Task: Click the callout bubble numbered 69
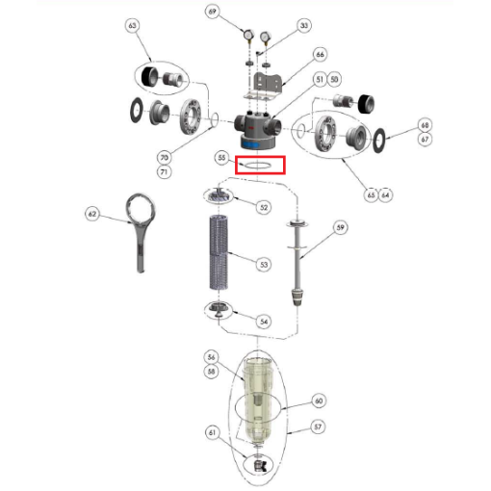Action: (212, 12)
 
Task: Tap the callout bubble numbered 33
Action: (304, 25)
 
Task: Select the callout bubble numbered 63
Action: (132, 25)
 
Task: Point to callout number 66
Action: (320, 55)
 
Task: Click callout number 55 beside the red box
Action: (221, 158)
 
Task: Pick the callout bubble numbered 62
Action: (92, 214)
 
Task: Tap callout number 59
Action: (340, 227)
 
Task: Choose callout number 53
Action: (264, 265)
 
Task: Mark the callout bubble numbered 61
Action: (212, 432)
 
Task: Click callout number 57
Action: (318, 426)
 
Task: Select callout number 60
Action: (319, 401)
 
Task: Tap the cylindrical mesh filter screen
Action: (219, 252)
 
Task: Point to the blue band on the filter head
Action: (250, 144)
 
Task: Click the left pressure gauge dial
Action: (249, 35)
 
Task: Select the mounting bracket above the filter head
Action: (264, 87)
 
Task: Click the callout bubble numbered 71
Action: (164, 172)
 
